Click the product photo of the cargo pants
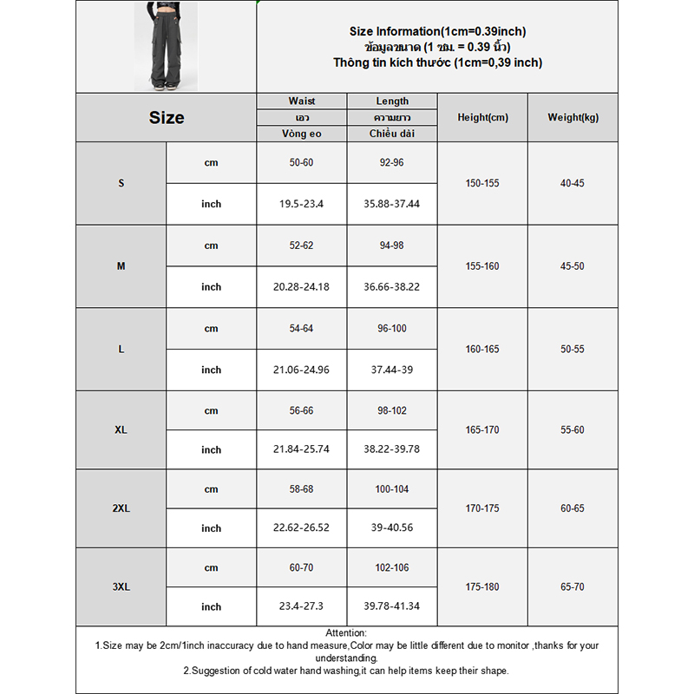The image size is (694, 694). (166, 46)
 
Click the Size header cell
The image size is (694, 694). (166, 118)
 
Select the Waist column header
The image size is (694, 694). (302, 101)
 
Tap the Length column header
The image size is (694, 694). (392, 101)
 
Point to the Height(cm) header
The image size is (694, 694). (482, 118)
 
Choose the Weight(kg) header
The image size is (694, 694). (573, 118)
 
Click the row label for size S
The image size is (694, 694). (121, 183)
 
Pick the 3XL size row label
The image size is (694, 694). (121, 586)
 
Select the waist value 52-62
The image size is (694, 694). (302, 246)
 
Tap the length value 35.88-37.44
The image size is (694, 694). (392, 204)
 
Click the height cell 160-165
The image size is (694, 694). (482, 349)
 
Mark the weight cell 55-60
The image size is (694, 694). (573, 429)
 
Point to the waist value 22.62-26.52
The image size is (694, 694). (302, 527)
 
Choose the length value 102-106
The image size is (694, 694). (392, 567)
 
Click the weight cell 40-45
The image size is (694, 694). (573, 183)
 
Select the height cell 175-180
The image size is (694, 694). (482, 586)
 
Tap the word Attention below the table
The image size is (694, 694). (346, 633)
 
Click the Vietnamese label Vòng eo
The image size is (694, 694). (302, 134)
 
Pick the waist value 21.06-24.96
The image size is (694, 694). (302, 370)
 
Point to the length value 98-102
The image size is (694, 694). (392, 410)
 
